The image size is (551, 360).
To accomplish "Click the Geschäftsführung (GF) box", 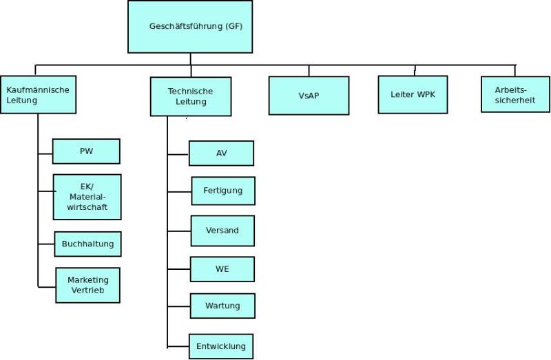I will click(x=190, y=27).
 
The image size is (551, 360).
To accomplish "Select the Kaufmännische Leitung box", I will click(x=38, y=94).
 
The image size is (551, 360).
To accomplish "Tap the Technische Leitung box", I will click(x=191, y=96).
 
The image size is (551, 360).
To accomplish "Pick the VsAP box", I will click(x=309, y=95).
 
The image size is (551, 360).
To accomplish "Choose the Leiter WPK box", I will click(x=413, y=94).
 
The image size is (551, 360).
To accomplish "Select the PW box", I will click(x=86, y=151).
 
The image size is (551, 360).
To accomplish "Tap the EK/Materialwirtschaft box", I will click(x=87, y=196).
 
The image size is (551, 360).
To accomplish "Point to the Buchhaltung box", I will click(x=87, y=244).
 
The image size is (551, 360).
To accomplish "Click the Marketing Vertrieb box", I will click(x=87, y=285).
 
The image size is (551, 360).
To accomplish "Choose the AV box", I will click(x=221, y=153).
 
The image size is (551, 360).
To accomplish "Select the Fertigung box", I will click(x=222, y=191).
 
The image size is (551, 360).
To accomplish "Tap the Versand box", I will click(x=222, y=231).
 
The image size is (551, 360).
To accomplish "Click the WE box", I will click(x=222, y=269).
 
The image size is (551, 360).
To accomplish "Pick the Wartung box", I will click(x=222, y=305).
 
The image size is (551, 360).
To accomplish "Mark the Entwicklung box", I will click(x=221, y=346).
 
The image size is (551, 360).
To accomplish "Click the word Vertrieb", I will click(x=87, y=290).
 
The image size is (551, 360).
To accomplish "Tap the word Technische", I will click(x=191, y=92).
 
